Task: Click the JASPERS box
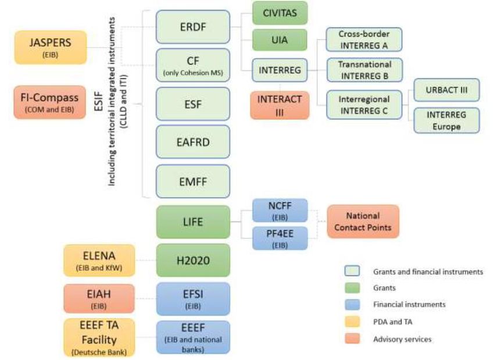(50, 48)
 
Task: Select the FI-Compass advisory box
(50, 102)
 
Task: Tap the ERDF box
(185, 27)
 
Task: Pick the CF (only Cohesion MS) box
(185, 65)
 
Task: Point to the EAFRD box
(185, 141)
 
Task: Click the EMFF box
(185, 181)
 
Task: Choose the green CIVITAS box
(280, 13)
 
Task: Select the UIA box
(280, 40)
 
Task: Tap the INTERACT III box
(280, 105)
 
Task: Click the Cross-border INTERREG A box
(364, 40)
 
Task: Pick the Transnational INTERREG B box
(364, 70)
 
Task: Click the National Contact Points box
(363, 221)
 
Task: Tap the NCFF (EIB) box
(280, 211)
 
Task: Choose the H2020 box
(185, 260)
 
